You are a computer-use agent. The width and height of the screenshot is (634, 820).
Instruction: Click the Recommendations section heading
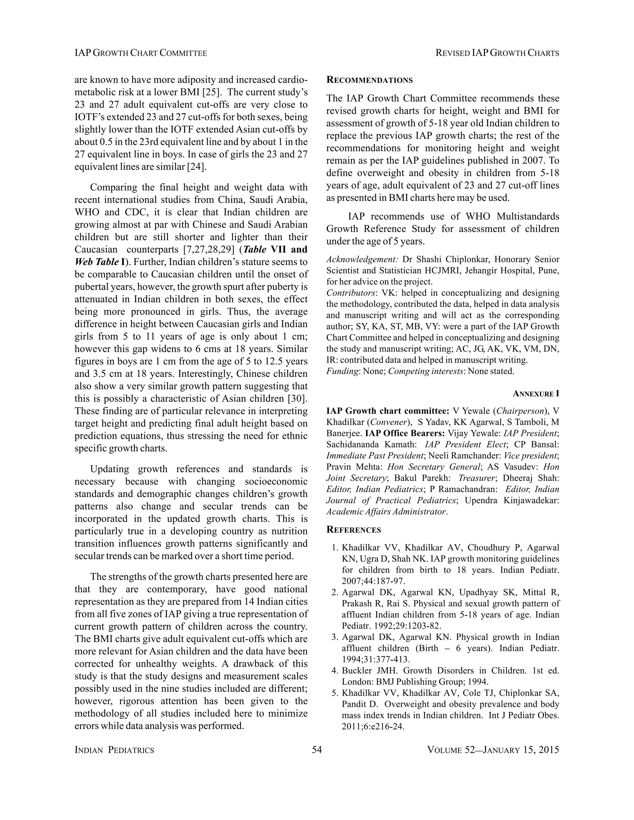pos(369,80)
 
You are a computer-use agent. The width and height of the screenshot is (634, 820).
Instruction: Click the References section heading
pos(354,530)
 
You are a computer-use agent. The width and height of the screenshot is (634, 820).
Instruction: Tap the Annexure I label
pos(536,394)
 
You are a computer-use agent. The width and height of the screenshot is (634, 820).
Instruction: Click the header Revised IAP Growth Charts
pos(497,53)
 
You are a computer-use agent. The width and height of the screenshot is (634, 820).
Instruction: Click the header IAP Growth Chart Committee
pos(141,53)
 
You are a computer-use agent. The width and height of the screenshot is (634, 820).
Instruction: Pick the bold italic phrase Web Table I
pos(98,262)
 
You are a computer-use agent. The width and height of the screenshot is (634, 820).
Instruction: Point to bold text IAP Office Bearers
pos(405,433)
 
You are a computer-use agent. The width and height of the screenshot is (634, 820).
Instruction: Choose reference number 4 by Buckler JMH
pos(335,671)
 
